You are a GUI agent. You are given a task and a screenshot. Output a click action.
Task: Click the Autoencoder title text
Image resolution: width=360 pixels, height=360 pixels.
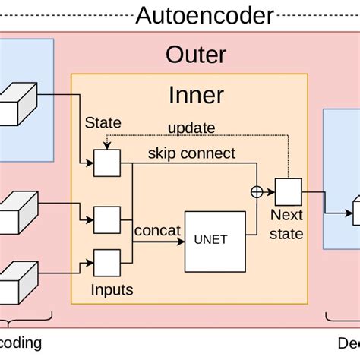pyautogui.click(x=204, y=14)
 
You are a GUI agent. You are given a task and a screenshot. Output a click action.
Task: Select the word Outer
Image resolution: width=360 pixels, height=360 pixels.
pyautogui.click(x=195, y=55)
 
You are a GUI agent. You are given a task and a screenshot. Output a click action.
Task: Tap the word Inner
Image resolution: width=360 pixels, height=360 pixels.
pyautogui.click(x=195, y=95)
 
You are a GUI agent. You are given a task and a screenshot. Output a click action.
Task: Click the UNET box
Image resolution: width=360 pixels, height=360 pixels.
pyautogui.click(x=216, y=242)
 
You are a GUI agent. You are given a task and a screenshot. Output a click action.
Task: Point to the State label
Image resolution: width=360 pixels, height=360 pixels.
pyautogui.click(x=103, y=122)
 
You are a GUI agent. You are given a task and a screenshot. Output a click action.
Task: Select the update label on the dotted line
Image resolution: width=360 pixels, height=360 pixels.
pyautogui.click(x=191, y=128)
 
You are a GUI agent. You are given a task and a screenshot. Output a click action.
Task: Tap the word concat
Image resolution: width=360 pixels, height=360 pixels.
pyautogui.click(x=157, y=230)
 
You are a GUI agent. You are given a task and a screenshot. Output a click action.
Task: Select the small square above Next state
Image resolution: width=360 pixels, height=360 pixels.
pyautogui.click(x=288, y=191)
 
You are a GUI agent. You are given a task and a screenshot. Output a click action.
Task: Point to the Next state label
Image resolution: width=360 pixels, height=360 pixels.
pyautogui.click(x=287, y=226)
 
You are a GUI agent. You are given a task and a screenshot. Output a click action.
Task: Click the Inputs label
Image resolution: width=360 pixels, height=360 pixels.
pyautogui.click(x=112, y=289)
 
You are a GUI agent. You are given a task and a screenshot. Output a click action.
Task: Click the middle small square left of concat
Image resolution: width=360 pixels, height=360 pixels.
pyautogui.click(x=106, y=219)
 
